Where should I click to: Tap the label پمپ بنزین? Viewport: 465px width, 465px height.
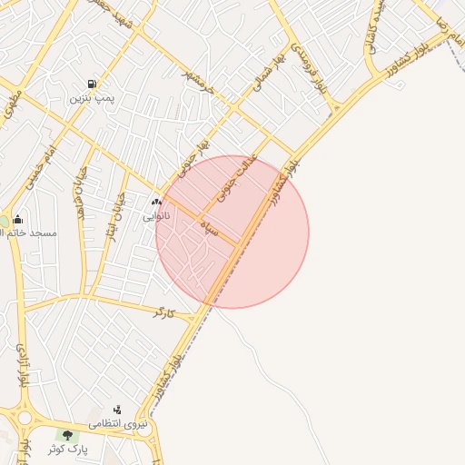point(94,96)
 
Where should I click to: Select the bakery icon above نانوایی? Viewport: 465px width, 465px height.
point(156,203)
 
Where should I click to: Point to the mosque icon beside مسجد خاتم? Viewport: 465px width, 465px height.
point(18,220)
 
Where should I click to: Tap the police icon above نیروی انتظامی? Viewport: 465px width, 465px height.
point(117,411)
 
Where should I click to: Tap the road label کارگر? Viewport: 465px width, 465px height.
point(163,312)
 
